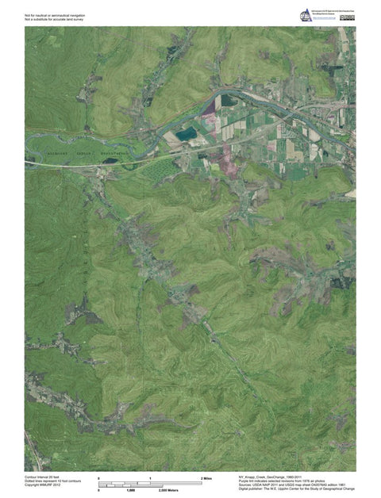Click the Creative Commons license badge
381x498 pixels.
tap(346, 17)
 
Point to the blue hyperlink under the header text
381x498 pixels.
tap(323, 19)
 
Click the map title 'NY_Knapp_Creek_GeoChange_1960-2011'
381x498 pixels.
tap(269, 477)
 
